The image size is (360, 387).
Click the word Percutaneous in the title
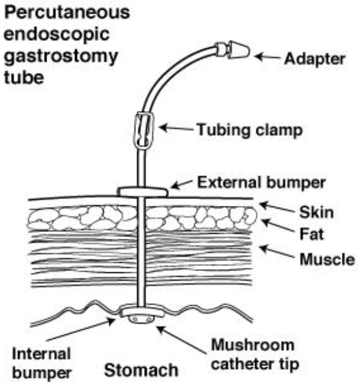[x=66, y=12]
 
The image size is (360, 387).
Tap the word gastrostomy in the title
[x=61, y=57]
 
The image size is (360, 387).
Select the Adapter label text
[x=315, y=60]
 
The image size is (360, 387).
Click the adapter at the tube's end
[x=233, y=50]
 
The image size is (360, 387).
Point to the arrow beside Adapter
[x=268, y=57]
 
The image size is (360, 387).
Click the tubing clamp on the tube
[x=144, y=130]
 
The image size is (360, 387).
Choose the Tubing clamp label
[x=250, y=130]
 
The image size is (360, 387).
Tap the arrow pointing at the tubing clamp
[x=176, y=128]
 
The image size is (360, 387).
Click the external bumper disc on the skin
[x=143, y=192]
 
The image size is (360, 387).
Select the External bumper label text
[x=261, y=182]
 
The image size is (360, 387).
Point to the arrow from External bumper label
[x=182, y=184]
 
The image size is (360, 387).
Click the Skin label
[x=317, y=213]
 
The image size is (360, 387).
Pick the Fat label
[x=312, y=234]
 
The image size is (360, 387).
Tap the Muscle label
[x=327, y=260]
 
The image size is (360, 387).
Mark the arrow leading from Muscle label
[x=277, y=251]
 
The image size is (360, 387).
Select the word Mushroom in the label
[x=253, y=345]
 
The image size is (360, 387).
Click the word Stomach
[x=141, y=370]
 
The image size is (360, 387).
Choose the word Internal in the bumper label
[x=41, y=354]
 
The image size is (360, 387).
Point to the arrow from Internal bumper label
[x=81, y=329]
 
